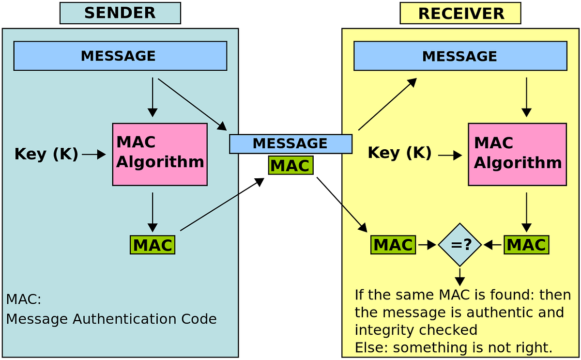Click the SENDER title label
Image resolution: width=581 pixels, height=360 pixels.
120,13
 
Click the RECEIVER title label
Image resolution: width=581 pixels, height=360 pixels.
460,14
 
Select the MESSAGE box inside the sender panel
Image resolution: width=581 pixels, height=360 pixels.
120,56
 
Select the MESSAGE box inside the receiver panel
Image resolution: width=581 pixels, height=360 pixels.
460,56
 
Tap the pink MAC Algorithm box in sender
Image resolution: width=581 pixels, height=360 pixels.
160,154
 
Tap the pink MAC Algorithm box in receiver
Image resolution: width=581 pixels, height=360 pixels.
517,154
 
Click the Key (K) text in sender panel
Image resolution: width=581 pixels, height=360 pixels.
46,155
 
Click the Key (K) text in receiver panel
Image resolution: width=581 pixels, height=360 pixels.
399,153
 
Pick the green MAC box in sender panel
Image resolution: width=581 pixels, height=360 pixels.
153,245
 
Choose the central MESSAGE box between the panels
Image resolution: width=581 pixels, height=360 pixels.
290,144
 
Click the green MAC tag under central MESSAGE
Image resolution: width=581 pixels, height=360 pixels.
290,166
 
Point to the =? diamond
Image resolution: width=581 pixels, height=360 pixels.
460,245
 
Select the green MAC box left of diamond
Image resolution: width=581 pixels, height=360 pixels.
393,245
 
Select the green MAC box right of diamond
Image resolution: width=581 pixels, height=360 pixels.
526,245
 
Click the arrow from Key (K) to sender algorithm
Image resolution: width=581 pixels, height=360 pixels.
94,155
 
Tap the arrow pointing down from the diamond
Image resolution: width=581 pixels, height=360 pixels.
460,276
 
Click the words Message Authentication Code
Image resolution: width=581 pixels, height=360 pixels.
111,319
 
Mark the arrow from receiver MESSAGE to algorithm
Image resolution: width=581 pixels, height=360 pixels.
526,97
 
